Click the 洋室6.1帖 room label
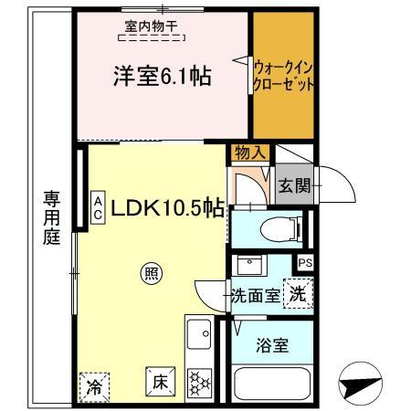click(x=162, y=78)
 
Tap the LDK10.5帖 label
click(x=169, y=207)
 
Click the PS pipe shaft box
click(x=305, y=263)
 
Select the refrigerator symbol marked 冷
click(x=94, y=387)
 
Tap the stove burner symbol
click(x=199, y=384)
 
